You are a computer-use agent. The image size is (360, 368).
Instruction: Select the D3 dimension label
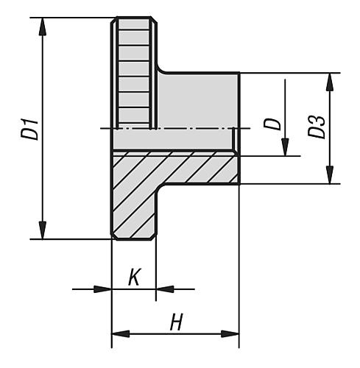(x=317, y=127)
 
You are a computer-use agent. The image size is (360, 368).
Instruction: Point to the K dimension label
(x=133, y=277)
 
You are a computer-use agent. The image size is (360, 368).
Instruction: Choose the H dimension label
(x=176, y=322)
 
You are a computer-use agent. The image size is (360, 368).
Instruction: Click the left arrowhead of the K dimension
(x=103, y=289)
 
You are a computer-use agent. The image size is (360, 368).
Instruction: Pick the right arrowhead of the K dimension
(x=163, y=289)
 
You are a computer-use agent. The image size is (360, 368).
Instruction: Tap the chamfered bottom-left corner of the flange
(x=113, y=236)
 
